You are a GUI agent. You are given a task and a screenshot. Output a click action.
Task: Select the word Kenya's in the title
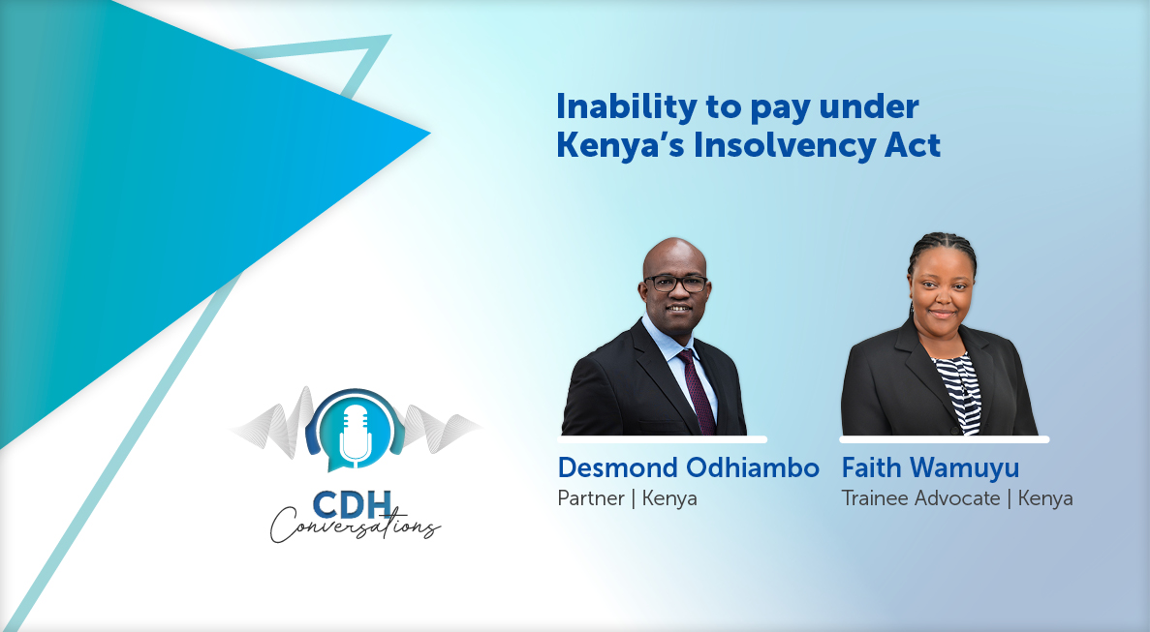point(620,145)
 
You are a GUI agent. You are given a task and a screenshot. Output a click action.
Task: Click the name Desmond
point(617,467)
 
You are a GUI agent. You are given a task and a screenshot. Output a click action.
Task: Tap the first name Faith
point(872,467)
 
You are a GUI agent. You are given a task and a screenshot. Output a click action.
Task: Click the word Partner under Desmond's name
point(590,498)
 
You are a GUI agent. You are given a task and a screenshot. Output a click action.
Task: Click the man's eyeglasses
point(675,284)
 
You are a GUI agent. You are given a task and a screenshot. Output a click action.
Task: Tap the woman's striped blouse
point(958,393)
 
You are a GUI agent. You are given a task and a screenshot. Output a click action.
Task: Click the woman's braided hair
point(943,257)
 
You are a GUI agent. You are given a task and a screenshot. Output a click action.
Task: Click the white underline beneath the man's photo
point(663,439)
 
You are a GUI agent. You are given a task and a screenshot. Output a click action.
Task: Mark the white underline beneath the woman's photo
point(945,439)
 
